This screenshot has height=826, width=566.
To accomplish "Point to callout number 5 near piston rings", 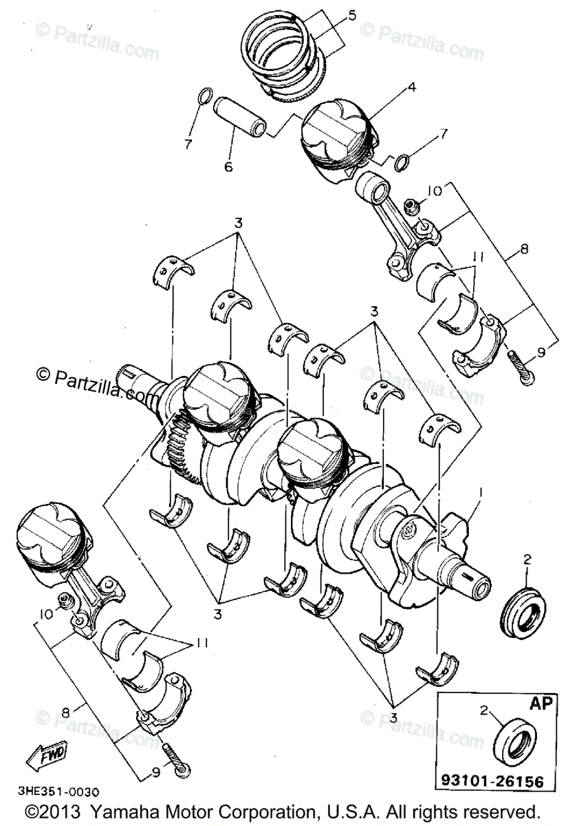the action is tap(351, 13).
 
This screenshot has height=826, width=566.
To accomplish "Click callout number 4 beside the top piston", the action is tap(412, 87).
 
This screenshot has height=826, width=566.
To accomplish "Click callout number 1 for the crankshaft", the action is tap(481, 493).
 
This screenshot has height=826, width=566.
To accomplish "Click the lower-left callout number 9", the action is tap(155, 772).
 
